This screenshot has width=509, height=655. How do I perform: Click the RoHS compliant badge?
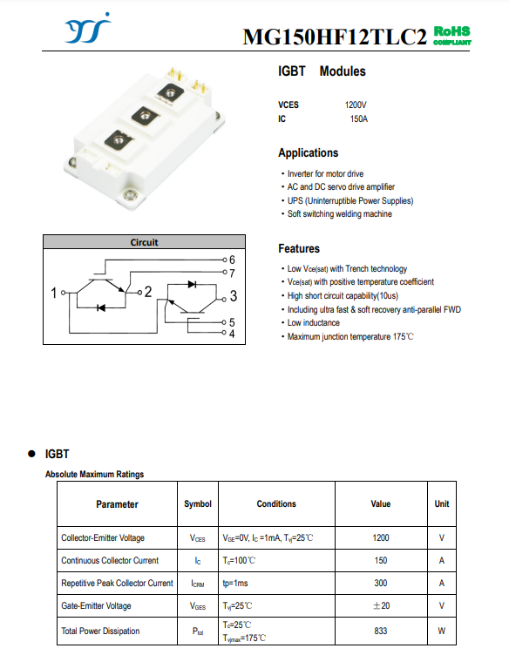click(452, 36)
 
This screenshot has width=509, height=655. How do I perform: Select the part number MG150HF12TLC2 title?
click(335, 37)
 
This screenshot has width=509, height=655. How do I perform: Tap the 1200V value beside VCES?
click(356, 105)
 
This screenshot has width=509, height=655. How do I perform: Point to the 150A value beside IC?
click(358, 119)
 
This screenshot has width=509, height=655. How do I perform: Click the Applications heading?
click(309, 153)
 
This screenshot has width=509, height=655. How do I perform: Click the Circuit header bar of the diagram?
click(144, 242)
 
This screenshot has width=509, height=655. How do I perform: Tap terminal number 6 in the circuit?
click(232, 260)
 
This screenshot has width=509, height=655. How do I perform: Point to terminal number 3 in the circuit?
click(234, 296)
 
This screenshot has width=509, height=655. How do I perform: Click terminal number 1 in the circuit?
click(53, 293)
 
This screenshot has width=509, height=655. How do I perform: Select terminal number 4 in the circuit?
click(232, 334)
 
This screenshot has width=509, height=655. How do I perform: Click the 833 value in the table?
click(381, 631)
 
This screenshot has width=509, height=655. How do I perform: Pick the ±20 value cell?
click(381, 605)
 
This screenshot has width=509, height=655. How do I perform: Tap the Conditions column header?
click(276, 503)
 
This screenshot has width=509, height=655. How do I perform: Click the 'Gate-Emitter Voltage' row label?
click(96, 605)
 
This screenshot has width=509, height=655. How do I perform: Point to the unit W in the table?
click(442, 631)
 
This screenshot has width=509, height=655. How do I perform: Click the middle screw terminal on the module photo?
click(146, 115)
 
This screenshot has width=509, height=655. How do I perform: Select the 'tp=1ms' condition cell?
click(235, 584)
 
